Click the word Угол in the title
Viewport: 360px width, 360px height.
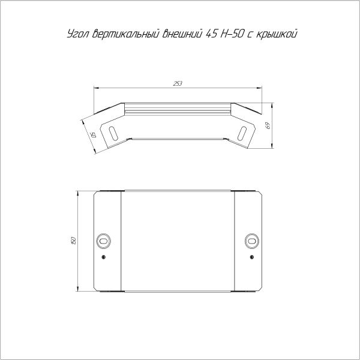tap(78, 34)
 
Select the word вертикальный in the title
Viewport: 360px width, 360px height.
tap(126, 34)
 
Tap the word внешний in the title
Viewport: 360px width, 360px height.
tap(183, 34)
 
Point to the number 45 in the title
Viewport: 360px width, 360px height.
tap(212, 34)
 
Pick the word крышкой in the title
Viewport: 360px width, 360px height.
tap(277, 34)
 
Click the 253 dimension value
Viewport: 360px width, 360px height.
tap(178, 83)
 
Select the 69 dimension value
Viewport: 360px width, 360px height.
tap(268, 125)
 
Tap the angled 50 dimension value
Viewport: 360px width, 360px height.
tap(93, 135)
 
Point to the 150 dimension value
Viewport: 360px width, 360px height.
tap(73, 241)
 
